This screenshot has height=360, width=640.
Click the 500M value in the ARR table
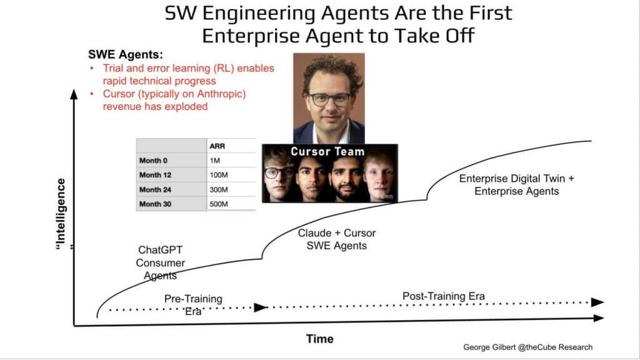pos(219,204)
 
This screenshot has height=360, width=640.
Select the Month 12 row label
pos(155,175)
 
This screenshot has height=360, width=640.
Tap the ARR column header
pos(217,146)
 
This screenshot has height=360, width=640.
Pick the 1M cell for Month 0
pos(215,161)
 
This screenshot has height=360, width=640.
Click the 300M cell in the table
pos(219,190)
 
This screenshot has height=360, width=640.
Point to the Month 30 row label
pos(155,204)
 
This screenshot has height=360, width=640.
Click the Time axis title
pos(320,339)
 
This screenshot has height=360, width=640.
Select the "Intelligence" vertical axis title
pos(61,214)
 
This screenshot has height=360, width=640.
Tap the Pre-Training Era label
pos(194,305)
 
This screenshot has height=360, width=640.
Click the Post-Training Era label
pos(444,296)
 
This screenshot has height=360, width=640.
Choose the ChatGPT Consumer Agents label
pos(161,263)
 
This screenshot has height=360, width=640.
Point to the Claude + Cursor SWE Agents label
pos(337,239)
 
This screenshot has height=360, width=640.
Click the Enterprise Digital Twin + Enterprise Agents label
pos(517,185)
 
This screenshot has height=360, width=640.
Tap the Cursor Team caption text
pos(327,152)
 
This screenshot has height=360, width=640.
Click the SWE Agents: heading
pos(126,54)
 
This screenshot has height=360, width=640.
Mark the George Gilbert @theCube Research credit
pos(527,347)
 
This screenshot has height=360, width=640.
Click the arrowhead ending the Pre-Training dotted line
pos(261,307)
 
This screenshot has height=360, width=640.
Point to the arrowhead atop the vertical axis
pos(74,94)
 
